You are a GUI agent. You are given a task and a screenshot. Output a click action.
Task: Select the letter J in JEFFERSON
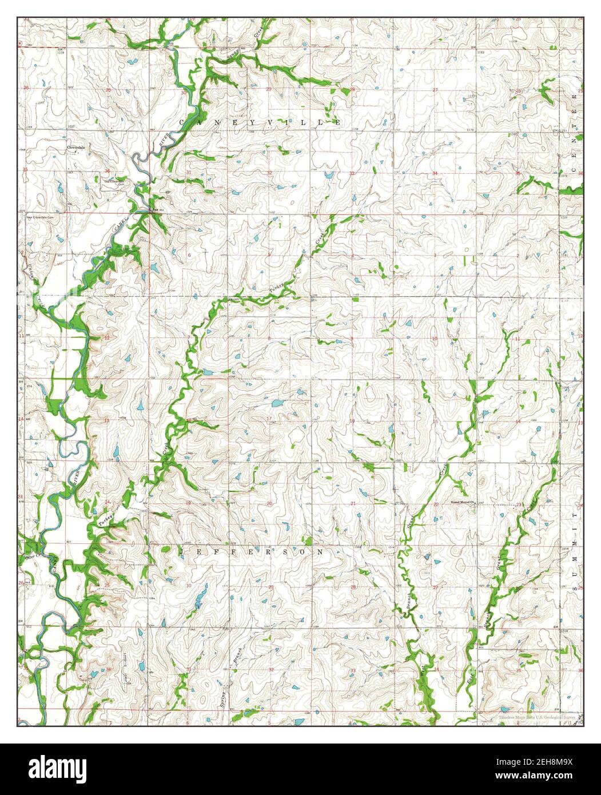[183, 552]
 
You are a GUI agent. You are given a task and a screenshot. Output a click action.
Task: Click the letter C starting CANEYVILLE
[183, 122]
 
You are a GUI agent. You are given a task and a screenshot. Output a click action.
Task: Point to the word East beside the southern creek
[468, 678]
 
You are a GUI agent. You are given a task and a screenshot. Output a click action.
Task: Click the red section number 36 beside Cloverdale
[108, 172]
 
